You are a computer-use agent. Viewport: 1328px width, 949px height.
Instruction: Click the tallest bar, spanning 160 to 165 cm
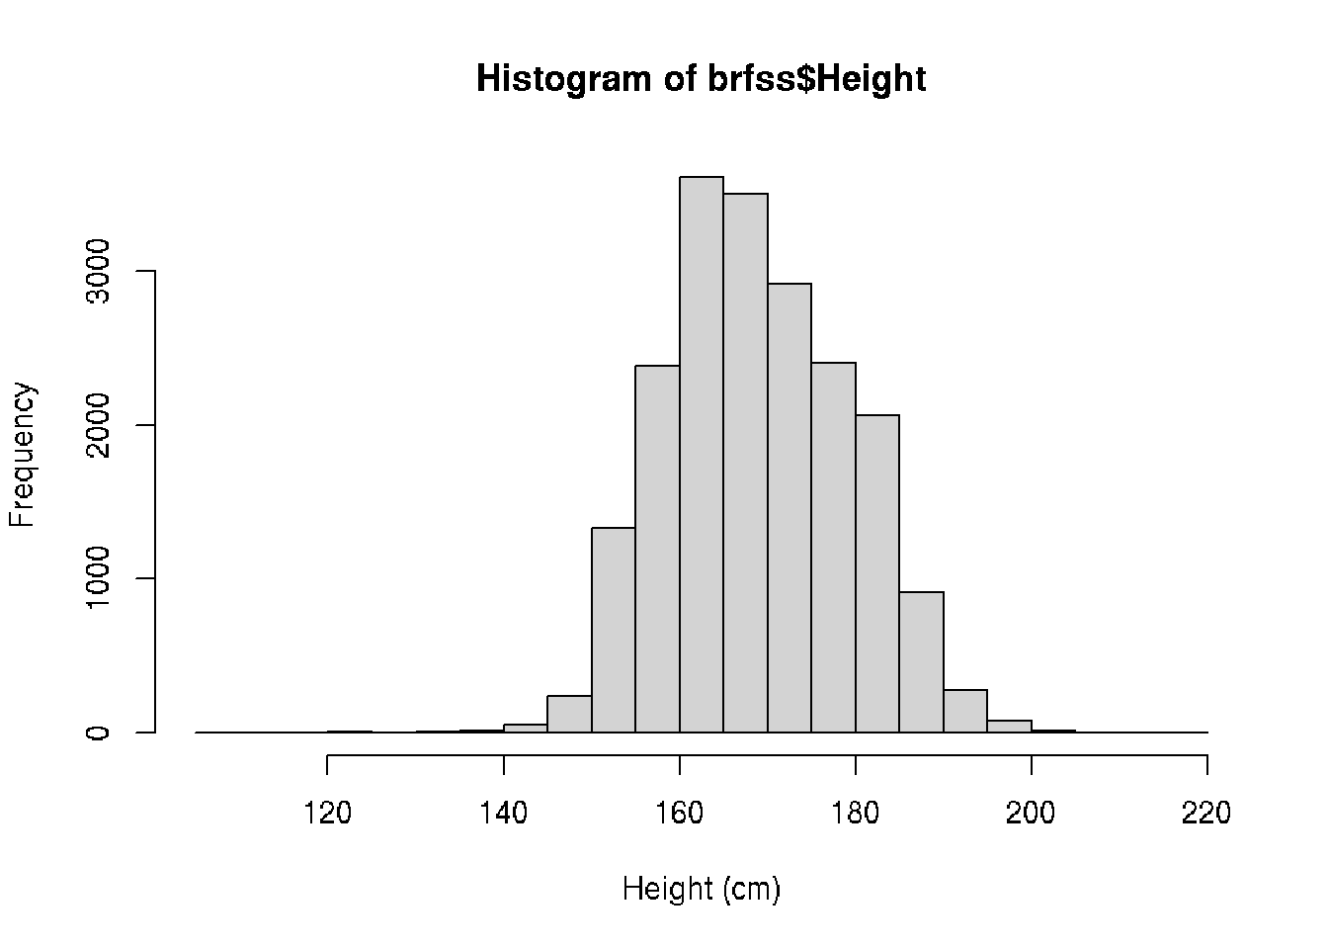click(702, 455)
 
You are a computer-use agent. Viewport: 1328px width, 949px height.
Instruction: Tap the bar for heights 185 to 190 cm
click(921, 662)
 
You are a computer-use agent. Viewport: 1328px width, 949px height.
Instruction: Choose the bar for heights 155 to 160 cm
click(657, 549)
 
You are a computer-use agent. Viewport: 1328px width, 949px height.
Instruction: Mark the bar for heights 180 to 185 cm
click(877, 573)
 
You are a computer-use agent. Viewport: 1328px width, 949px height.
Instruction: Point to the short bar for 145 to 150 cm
click(569, 715)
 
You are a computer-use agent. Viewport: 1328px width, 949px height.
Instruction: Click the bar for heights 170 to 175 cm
click(789, 508)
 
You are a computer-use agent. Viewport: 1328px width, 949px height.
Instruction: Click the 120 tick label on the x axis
click(328, 814)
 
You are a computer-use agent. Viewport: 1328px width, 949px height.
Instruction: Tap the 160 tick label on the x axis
click(680, 814)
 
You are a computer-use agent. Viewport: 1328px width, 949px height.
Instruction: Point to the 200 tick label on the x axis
click(1032, 814)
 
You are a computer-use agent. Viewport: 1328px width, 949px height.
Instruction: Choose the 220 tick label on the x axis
click(1206, 814)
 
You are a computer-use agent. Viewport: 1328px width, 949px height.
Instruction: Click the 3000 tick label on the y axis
click(98, 271)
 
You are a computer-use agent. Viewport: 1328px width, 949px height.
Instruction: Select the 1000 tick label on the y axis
click(98, 578)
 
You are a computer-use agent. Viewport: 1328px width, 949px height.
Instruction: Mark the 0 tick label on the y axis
click(98, 733)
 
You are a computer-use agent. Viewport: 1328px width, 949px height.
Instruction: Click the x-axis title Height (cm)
click(702, 890)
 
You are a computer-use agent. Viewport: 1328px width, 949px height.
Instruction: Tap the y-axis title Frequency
click(23, 455)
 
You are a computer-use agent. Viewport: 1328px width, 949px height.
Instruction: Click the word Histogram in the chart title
click(563, 79)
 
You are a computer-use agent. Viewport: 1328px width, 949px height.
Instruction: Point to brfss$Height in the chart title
click(817, 79)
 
